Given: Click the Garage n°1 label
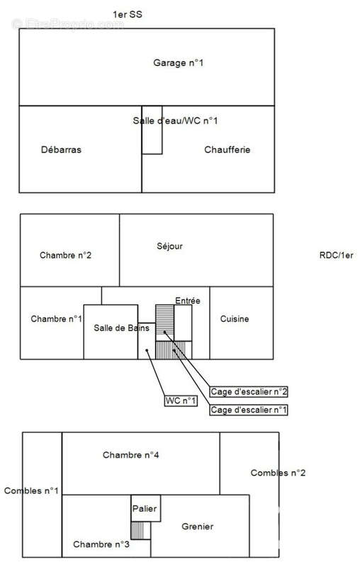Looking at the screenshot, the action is coord(178,63).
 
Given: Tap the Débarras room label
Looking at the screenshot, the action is coord(61,150).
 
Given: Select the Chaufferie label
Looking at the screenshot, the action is coord(227,150).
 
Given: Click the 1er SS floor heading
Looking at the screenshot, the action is coord(128,15).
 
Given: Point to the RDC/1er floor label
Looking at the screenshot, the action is coord(336,255).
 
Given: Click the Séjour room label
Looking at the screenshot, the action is coord(169,247).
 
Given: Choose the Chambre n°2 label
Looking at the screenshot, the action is coord(65,255).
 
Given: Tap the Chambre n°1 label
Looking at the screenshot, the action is coord(57,319).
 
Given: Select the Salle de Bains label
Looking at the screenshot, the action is coord(121,328).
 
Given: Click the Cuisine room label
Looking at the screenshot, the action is coord(235,319).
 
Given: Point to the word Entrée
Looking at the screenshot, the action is coord(188,301).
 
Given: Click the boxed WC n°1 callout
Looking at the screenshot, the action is coord(181,400).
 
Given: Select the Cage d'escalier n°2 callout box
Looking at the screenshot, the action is coord(249,392).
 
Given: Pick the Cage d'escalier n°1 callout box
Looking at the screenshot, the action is coord(249,410).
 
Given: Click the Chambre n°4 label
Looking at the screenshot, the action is coord(131,455).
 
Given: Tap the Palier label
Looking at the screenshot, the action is coord(145,509).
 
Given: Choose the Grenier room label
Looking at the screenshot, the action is coord(197,527).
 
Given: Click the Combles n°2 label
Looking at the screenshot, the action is coord(278,473).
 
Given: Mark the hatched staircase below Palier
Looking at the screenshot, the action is coord(140,530).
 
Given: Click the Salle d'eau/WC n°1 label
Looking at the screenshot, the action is coord(175,120).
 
